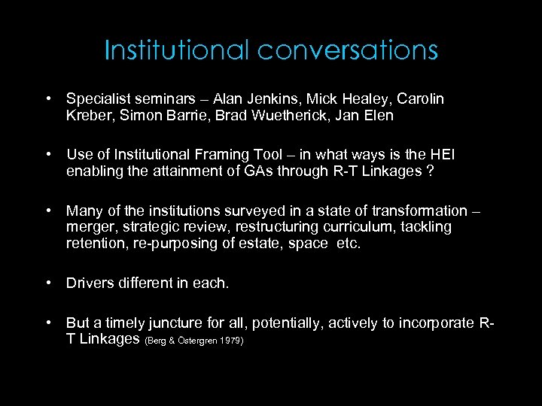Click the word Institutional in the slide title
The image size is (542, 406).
coord(177,50)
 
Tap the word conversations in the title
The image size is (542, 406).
coord(347,50)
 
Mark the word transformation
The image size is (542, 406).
coord(419,211)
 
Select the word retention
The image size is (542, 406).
coord(93,244)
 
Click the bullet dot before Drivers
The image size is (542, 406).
coord(47,283)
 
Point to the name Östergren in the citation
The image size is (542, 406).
coord(193,341)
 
